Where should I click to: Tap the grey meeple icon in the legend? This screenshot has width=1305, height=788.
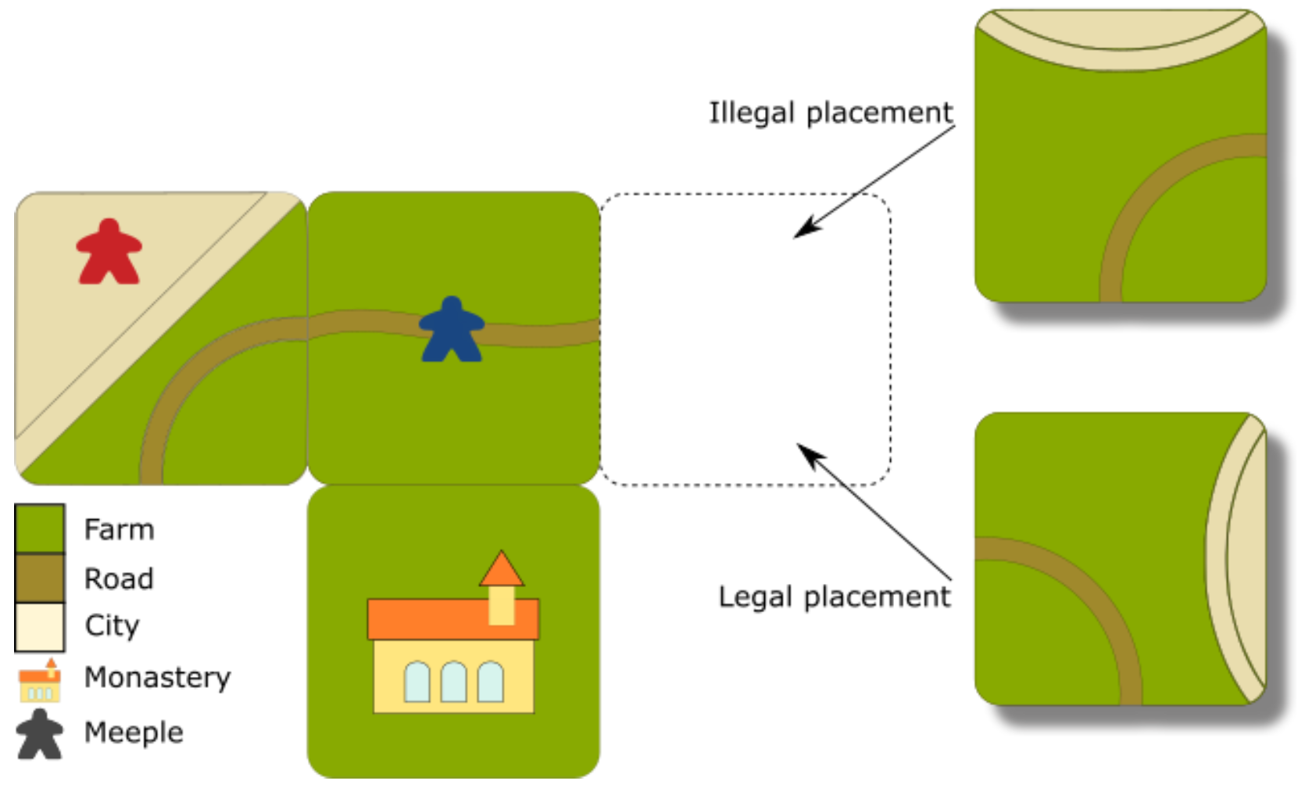39,735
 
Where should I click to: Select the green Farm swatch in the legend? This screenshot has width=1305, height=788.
39,528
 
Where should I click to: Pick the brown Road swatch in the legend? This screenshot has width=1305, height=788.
39,578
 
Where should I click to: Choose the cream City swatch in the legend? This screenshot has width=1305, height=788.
39,626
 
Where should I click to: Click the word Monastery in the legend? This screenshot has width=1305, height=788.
157,678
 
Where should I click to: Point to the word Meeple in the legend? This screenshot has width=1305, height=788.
134,732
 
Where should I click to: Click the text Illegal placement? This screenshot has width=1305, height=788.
830,113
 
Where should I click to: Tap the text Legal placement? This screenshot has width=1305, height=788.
834,597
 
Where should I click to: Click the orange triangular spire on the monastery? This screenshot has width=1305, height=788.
501,569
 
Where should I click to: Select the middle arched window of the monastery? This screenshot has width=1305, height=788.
453,682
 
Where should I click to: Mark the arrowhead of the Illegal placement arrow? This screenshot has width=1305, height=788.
801,231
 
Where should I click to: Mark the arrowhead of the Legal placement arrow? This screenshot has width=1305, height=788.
803,450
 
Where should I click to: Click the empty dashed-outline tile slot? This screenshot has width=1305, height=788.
745,340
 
